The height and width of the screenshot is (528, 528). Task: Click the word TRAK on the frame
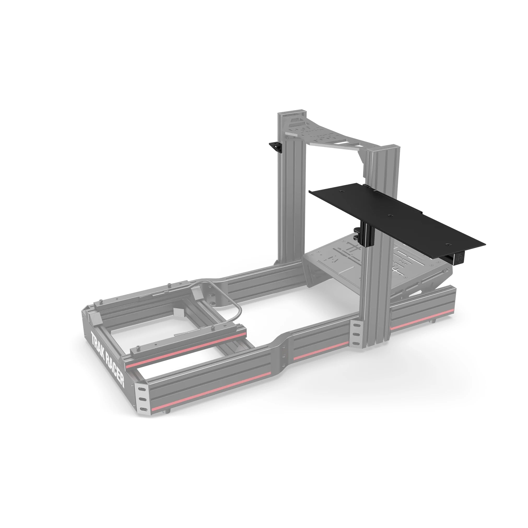pos(98,344)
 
